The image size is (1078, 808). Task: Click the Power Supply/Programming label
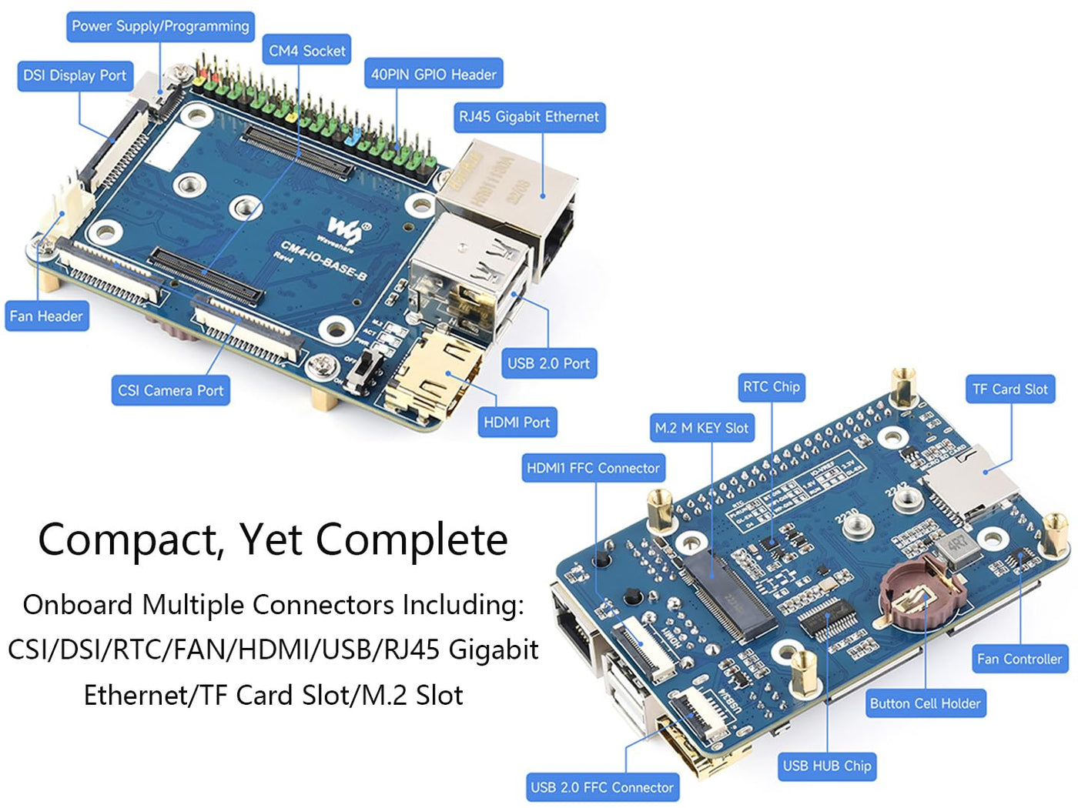click(x=160, y=26)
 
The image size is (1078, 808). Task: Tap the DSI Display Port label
click(x=75, y=75)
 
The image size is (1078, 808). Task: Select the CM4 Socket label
click(x=306, y=51)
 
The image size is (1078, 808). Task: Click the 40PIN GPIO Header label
click(x=434, y=75)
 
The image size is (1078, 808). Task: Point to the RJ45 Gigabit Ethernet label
click(x=529, y=117)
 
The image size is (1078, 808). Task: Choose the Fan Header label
click(x=46, y=316)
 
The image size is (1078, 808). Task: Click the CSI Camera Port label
click(x=170, y=391)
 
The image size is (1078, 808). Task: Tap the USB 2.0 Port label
click(x=548, y=363)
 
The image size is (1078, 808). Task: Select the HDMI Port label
click(x=517, y=422)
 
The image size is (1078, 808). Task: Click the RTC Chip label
click(x=772, y=387)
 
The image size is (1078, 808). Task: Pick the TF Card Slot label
click(x=1009, y=389)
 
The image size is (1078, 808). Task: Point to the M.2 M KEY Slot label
click(x=701, y=428)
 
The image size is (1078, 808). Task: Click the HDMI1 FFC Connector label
click(x=593, y=468)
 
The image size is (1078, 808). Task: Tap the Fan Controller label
click(x=1019, y=659)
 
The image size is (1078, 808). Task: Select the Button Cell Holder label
click(x=925, y=703)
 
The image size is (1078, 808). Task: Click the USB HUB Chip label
click(x=827, y=766)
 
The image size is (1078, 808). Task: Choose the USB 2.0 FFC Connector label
click(x=602, y=787)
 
